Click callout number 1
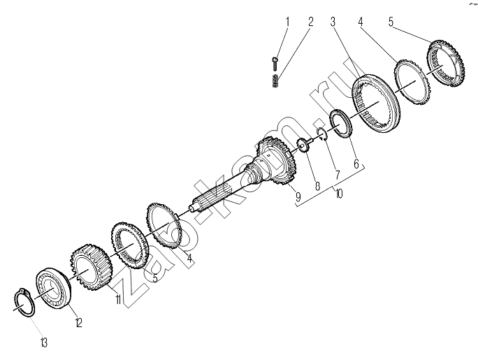287,22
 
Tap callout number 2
310,22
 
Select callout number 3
333,22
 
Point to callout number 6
356,164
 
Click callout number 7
337,175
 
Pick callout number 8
318,186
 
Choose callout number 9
298,196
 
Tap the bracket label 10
338,193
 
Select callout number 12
79,322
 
